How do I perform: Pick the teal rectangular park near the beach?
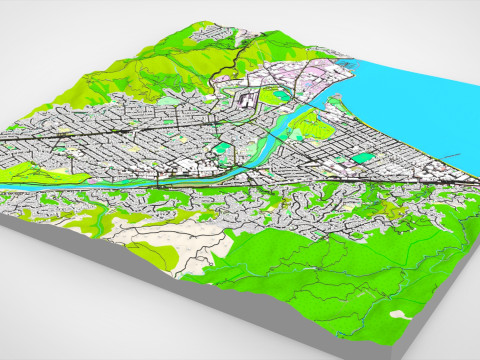(x=362, y=157)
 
